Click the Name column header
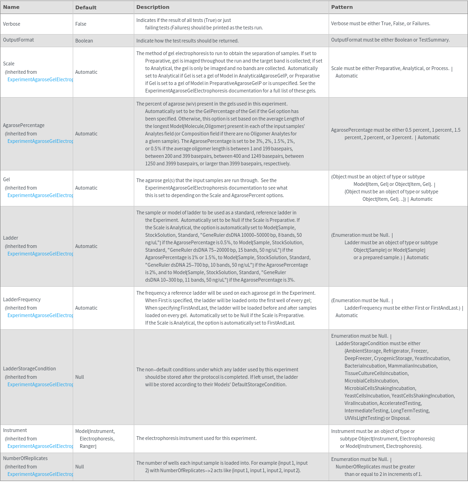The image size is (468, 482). pyautogui.click(x=11, y=7)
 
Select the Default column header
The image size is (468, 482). pyautogui.click(x=86, y=7)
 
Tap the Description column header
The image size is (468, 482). pyautogui.click(x=153, y=7)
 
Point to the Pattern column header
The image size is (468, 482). pyautogui.click(x=342, y=7)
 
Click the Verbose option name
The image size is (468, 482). pyautogui.click(x=12, y=24)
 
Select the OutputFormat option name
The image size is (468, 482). pyautogui.click(x=18, y=40)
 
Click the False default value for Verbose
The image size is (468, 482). pyautogui.click(x=81, y=24)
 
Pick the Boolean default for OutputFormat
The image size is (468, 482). pyautogui.click(x=84, y=41)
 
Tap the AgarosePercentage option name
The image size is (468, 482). pyautogui.click(x=24, y=125)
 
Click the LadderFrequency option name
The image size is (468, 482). pyautogui.click(x=22, y=299)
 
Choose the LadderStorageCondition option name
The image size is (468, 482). pyautogui.click(x=29, y=369)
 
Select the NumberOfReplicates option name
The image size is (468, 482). pyautogui.click(x=25, y=458)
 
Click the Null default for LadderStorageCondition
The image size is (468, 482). pyautogui.click(x=80, y=377)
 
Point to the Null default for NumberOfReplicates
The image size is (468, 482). pyautogui.click(x=80, y=467)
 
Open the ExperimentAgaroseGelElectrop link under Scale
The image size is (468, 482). pyautogui.click(x=40, y=79)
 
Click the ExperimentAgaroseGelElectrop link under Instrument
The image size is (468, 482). pyautogui.click(x=40, y=446)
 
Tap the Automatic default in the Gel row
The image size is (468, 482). pyautogui.click(x=86, y=188)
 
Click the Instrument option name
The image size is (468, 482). pyautogui.click(x=15, y=430)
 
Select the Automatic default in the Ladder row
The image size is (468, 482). pyautogui.click(x=86, y=246)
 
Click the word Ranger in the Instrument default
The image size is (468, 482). pyautogui.click(x=88, y=447)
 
